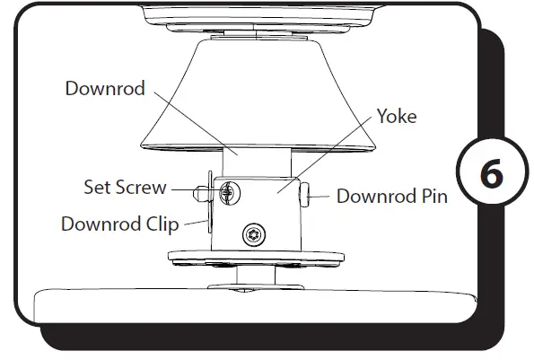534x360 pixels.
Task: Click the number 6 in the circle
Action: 492,174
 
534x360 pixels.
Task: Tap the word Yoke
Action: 397,116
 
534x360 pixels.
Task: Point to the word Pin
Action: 432,195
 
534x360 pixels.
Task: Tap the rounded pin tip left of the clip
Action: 198,190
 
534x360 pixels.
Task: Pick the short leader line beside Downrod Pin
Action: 324,194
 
